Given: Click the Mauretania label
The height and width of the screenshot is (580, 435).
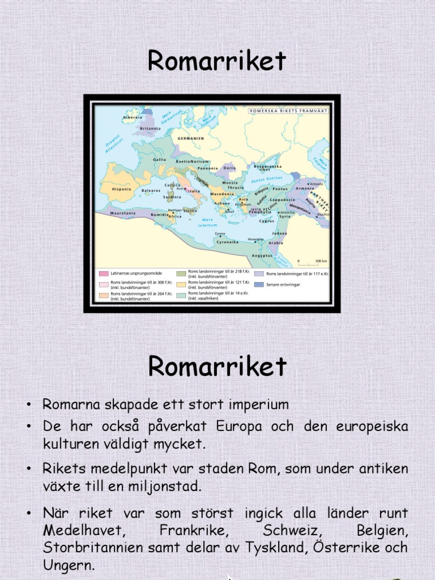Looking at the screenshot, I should point(123,214).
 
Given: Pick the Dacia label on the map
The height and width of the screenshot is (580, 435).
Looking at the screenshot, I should point(229,168).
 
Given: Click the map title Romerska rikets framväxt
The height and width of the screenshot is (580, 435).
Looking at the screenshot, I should point(288,112).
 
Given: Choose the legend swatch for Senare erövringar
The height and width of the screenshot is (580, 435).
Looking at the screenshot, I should point(258,284).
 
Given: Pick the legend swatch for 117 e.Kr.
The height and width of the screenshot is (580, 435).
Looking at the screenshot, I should point(258,274).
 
